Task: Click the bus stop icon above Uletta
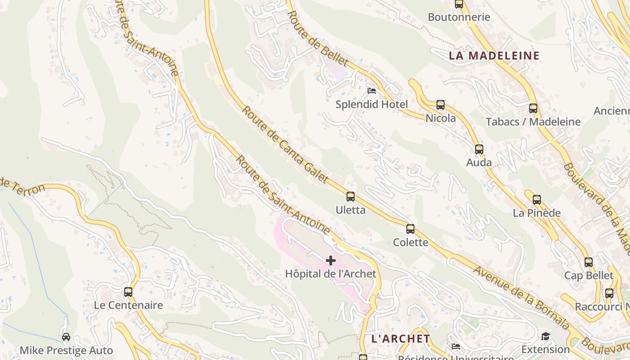(350, 197)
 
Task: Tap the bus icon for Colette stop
(410, 229)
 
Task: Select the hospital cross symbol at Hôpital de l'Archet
(331, 261)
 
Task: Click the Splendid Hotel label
(372, 104)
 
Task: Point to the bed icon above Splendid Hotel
(372, 91)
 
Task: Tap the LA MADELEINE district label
(494, 56)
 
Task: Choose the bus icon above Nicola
(440, 105)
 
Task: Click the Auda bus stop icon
(479, 149)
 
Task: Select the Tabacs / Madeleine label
(533, 121)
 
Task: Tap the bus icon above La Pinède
(536, 200)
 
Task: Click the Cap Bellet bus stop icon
(588, 262)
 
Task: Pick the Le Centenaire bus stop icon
(128, 292)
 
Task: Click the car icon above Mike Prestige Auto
(66, 337)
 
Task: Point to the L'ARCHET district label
(400, 338)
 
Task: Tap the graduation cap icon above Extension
(545, 336)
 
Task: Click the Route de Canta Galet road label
(285, 144)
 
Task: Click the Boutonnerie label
(459, 17)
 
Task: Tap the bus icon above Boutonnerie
(459, 4)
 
